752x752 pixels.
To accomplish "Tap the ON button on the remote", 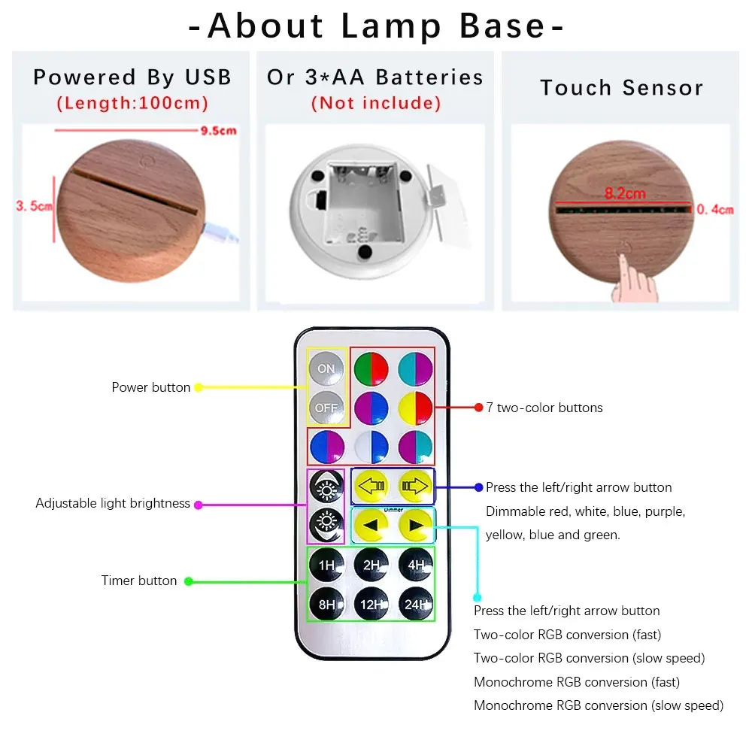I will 326,368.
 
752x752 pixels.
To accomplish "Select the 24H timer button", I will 416,604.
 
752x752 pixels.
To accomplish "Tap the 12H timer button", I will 371,604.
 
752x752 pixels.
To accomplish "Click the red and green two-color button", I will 371,368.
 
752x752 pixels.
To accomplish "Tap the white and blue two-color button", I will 371,446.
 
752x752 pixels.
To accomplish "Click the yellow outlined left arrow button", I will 370,487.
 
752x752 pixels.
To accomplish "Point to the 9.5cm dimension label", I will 218,131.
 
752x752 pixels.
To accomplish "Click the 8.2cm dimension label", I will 625,193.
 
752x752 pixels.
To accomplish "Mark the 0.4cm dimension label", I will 714,210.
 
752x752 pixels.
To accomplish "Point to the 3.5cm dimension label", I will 34,205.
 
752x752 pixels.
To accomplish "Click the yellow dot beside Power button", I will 199,388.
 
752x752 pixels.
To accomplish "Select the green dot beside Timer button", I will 189,581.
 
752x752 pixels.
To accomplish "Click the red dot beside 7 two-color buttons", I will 478,408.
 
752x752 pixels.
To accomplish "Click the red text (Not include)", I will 376,103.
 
